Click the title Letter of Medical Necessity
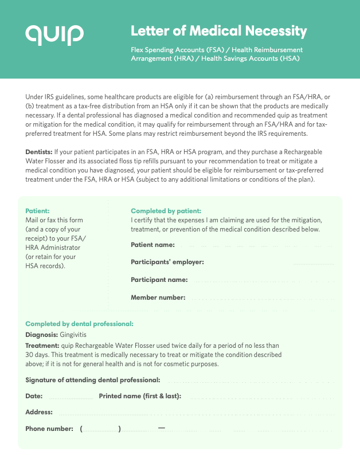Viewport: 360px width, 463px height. click(x=219, y=31)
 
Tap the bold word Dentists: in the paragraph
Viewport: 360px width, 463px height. click(x=39, y=152)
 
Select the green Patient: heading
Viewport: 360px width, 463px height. click(x=37, y=211)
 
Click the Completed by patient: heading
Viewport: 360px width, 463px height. click(x=166, y=211)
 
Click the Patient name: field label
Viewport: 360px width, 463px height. click(x=152, y=245)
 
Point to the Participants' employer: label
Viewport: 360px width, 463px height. click(x=167, y=262)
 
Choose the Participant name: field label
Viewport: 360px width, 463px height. click(x=159, y=280)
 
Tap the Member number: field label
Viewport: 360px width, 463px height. click(x=158, y=297)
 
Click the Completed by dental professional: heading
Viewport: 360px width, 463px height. click(x=79, y=324)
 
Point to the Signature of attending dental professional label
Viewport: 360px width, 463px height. click(x=93, y=380)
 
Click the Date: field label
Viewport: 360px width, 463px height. click(x=34, y=396)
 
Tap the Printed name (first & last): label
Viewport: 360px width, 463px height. click(x=140, y=396)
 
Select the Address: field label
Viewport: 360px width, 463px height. click(x=39, y=412)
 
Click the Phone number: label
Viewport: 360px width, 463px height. click(x=49, y=429)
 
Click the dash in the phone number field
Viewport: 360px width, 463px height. click(x=162, y=428)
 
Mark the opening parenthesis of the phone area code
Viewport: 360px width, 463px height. click(x=82, y=429)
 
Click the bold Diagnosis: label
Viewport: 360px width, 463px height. click(x=42, y=334)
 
